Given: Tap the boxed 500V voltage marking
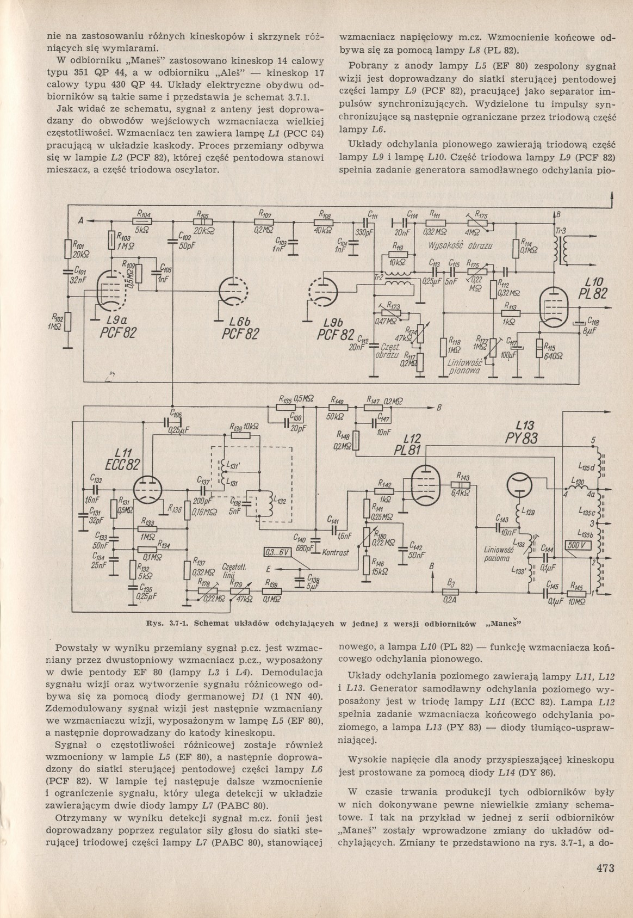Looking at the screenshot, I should (x=575, y=546).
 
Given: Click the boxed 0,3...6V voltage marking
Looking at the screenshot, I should (x=277, y=553).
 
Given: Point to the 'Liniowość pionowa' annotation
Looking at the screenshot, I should (x=463, y=367).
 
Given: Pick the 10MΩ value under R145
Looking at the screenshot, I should (x=575, y=603).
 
